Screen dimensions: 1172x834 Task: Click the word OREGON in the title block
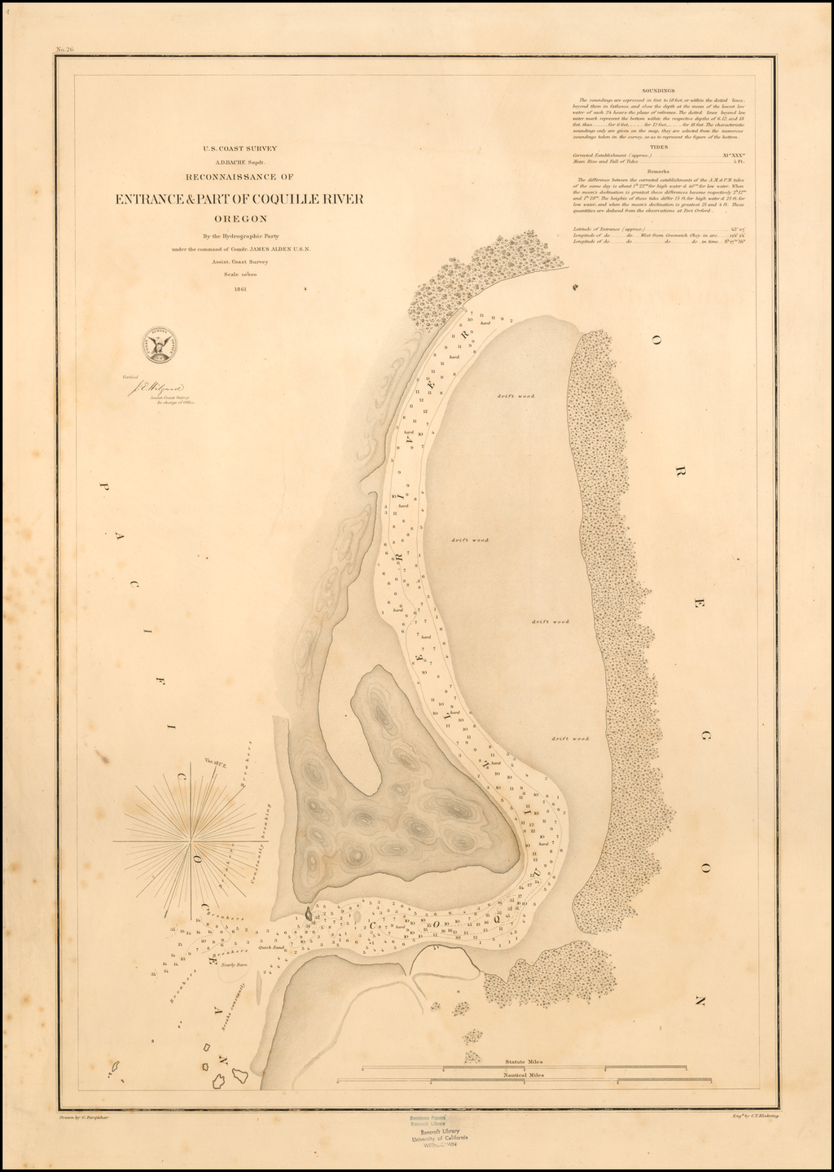point(240,218)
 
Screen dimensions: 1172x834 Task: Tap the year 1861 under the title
point(240,288)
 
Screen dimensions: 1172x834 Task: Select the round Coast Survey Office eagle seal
point(160,345)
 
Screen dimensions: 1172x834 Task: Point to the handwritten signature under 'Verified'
point(159,389)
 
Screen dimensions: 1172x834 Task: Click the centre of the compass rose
point(192,839)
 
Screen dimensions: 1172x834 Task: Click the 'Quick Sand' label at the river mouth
point(270,947)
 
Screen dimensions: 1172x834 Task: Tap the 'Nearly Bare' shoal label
point(234,963)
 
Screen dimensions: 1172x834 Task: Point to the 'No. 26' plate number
point(64,50)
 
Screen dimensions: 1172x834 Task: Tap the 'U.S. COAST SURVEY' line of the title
point(240,148)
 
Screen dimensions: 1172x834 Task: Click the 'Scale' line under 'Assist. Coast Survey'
point(239,274)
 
